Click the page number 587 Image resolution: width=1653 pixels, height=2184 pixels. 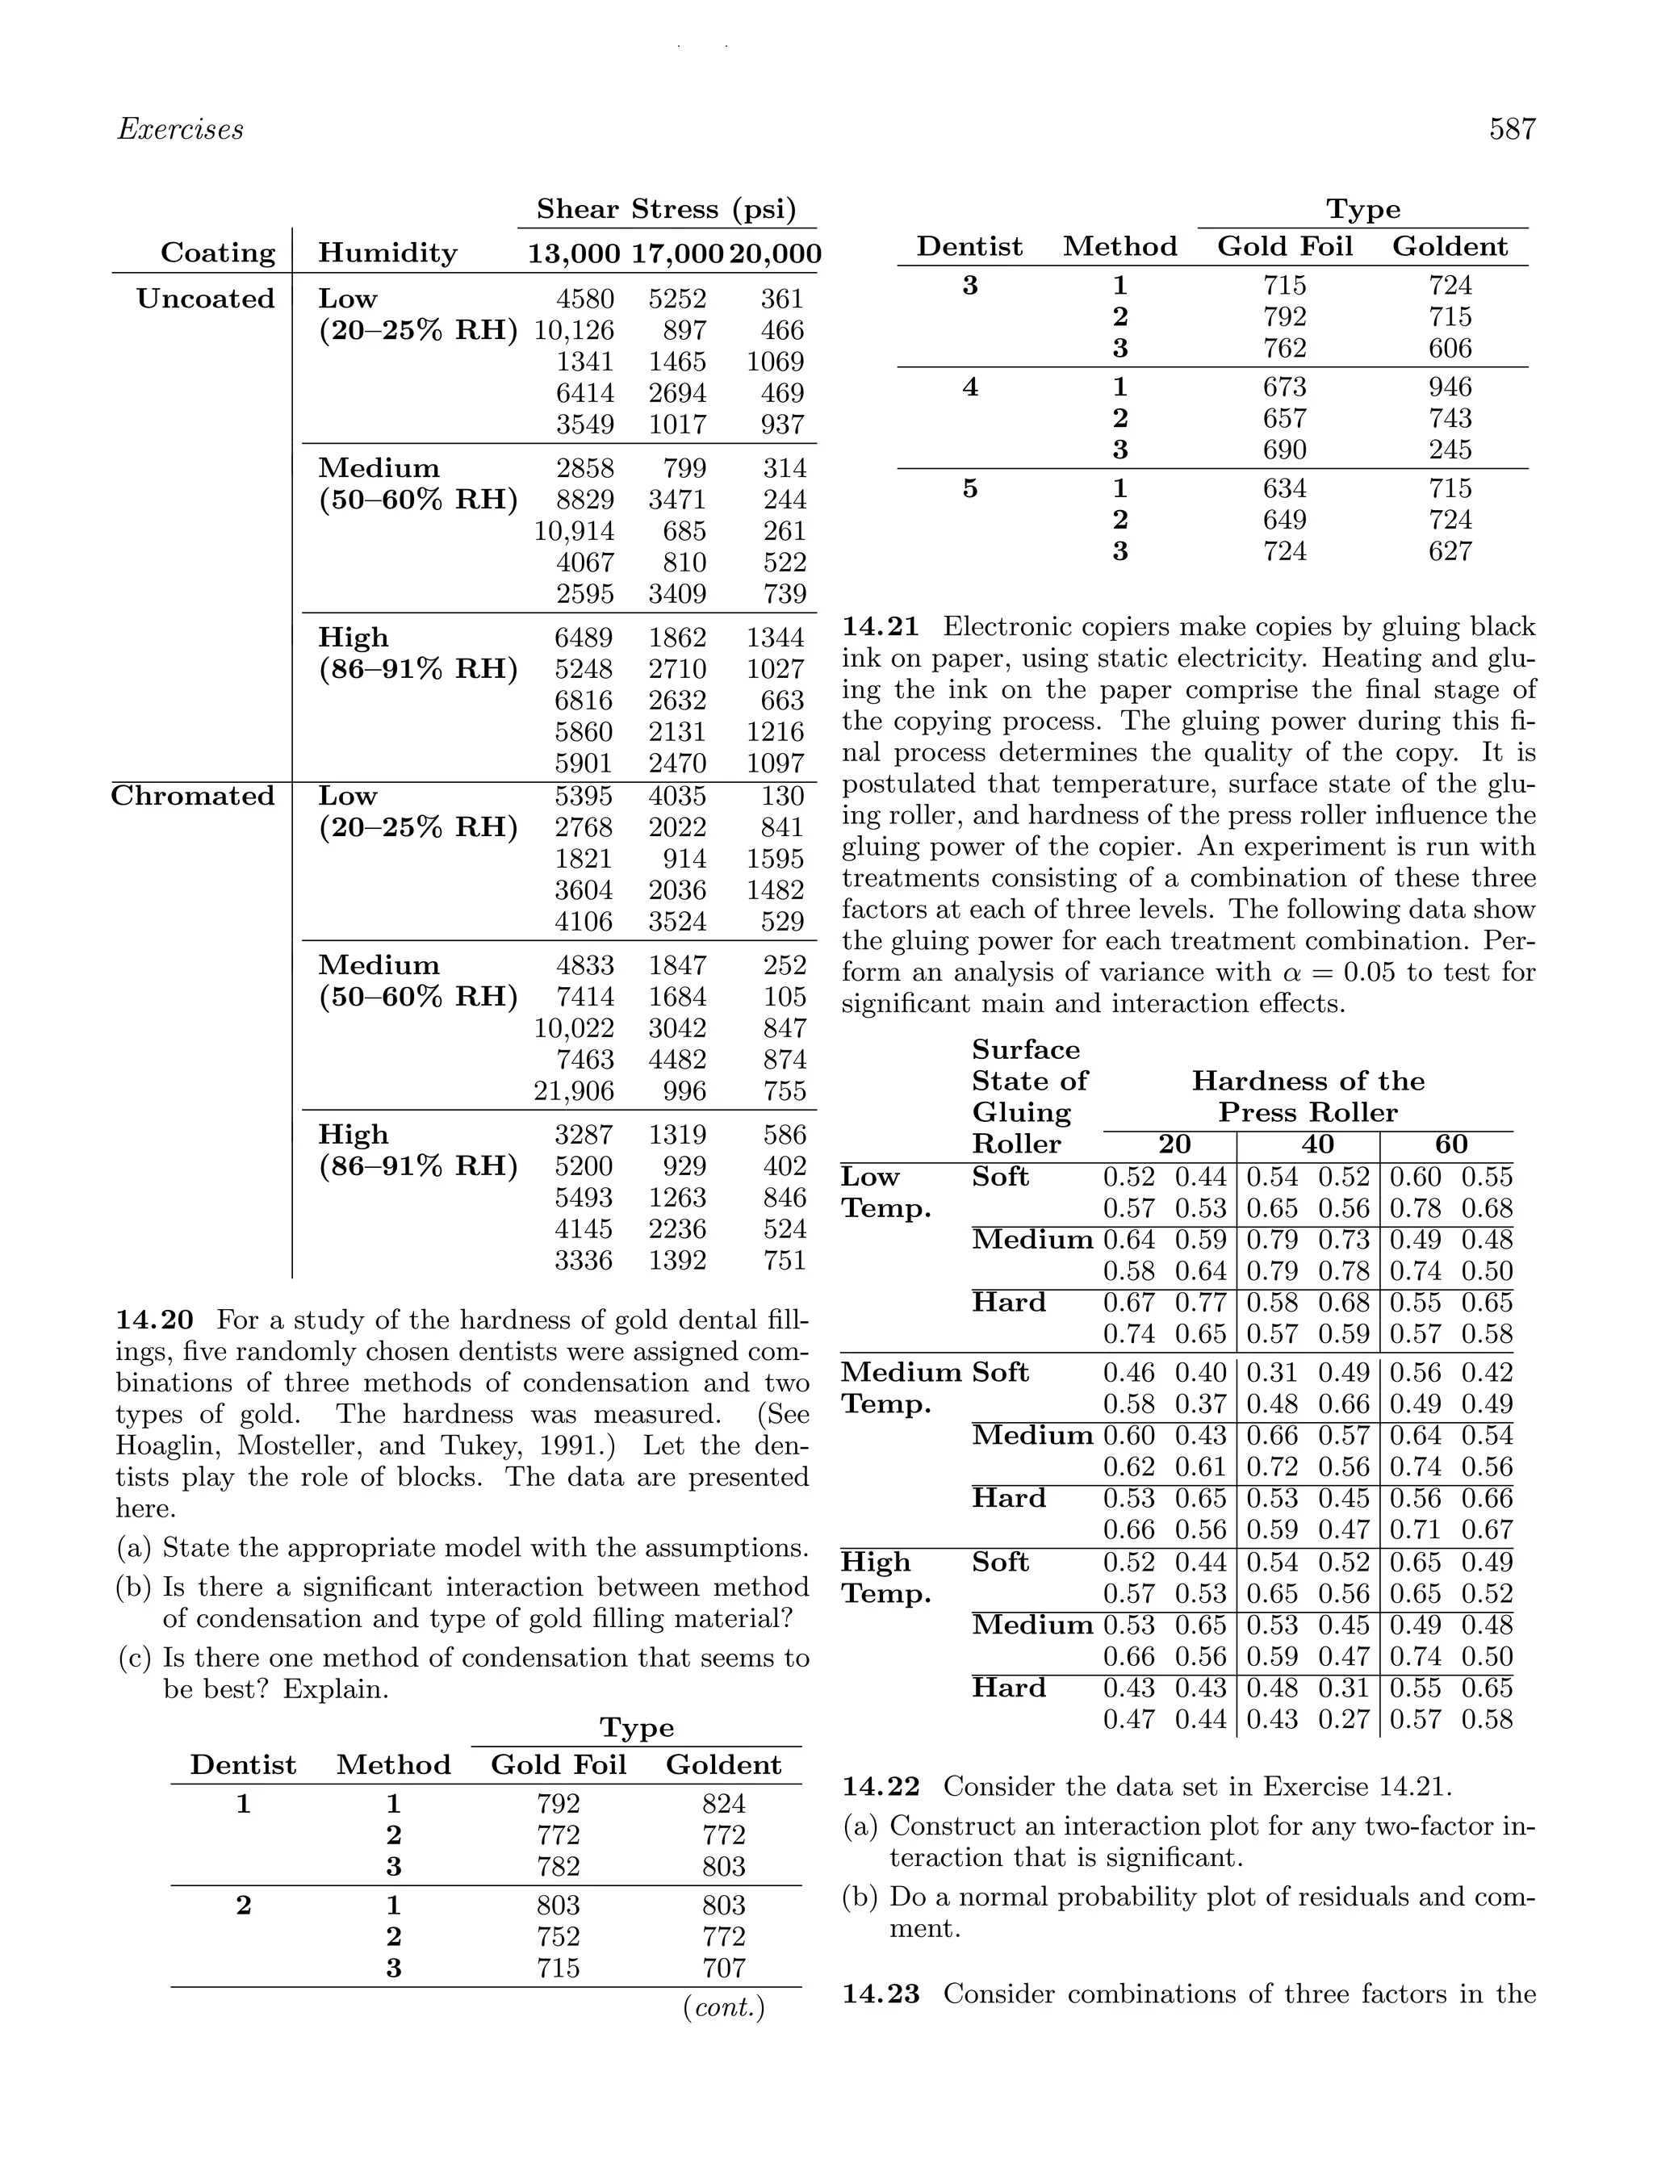(1512, 129)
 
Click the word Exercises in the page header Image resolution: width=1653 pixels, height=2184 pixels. (180, 129)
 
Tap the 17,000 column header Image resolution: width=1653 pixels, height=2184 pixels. (677, 253)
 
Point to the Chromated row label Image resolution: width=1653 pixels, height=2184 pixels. (193, 796)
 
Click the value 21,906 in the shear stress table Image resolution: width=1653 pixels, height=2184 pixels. (574, 1091)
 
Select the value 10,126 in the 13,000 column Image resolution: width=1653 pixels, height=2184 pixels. (574, 331)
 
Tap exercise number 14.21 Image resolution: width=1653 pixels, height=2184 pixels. (880, 627)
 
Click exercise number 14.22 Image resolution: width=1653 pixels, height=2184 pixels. (880, 1786)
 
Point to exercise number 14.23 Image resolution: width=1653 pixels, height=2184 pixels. (880, 1994)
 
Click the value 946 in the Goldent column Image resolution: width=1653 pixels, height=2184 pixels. (1450, 387)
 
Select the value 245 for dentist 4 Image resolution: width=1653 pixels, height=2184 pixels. (1450, 450)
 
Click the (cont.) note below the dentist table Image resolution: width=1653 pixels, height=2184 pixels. (724, 2007)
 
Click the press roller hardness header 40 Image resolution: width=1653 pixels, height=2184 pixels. (1318, 1144)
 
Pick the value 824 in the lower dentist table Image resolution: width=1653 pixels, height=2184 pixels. (724, 1804)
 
